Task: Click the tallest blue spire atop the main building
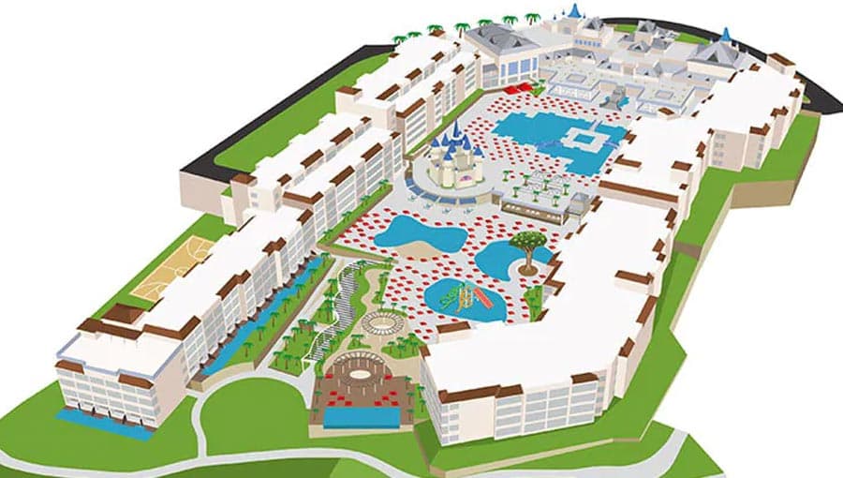(574, 10)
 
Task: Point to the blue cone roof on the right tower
(725, 36)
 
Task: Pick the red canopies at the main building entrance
(525, 88)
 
